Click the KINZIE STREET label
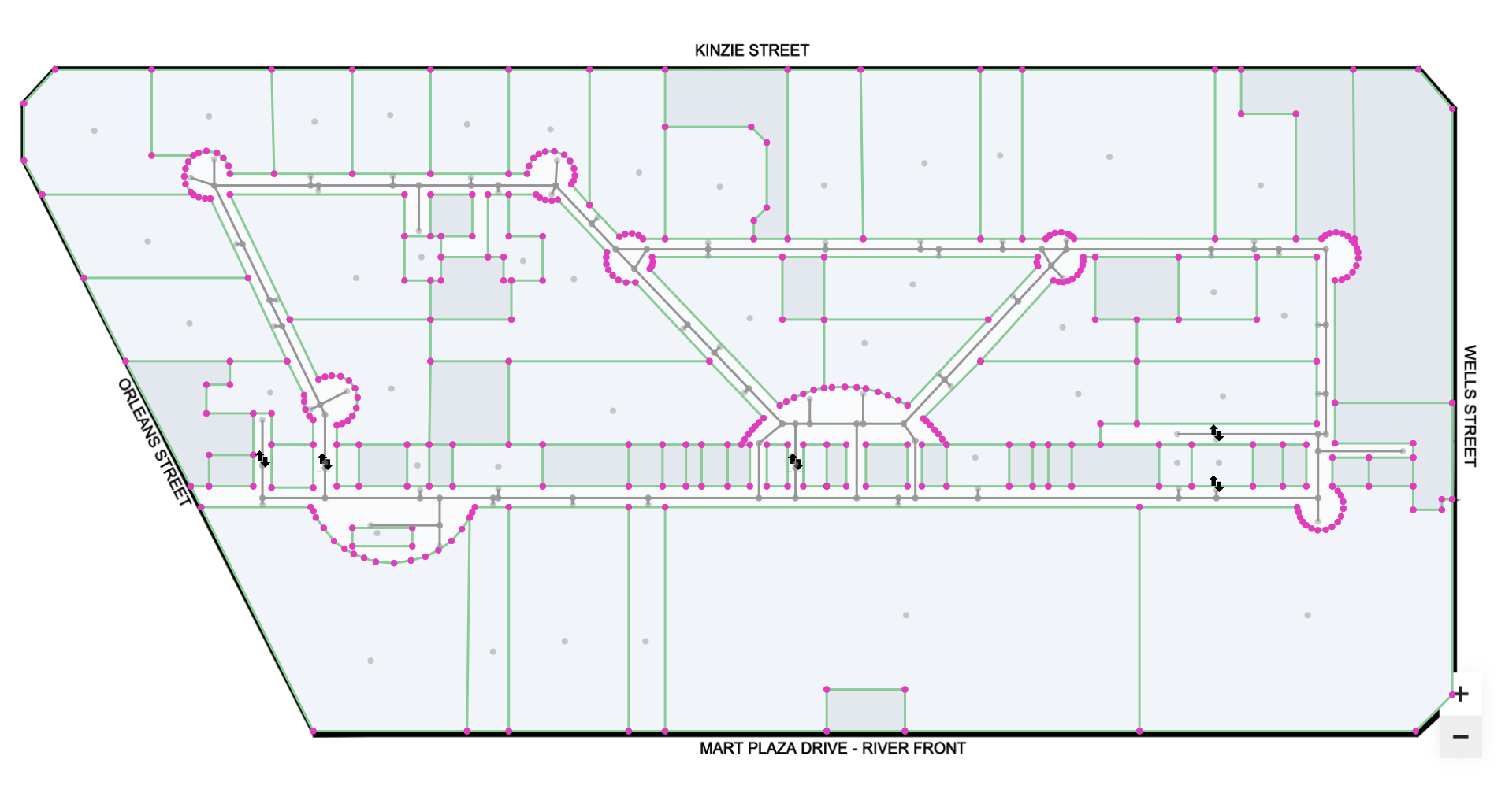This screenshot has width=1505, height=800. [751, 50]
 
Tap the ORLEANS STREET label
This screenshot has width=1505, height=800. [154, 442]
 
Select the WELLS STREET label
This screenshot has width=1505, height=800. [1469, 406]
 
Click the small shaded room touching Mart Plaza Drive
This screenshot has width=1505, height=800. [865, 709]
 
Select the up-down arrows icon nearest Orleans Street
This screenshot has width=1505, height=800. [262, 458]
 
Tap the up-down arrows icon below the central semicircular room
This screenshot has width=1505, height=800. [796, 461]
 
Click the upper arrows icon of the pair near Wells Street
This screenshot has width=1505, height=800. [1217, 432]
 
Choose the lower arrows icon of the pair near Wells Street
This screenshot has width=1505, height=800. [1217, 483]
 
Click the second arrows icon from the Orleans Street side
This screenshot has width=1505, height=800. [325, 461]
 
